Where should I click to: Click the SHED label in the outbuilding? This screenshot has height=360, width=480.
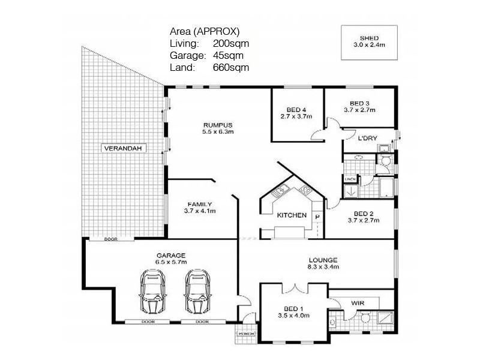(x=368, y=37)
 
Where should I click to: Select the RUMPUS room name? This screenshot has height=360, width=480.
(x=218, y=124)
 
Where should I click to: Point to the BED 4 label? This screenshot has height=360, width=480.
(x=296, y=109)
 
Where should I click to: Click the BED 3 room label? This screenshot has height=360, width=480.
(x=360, y=103)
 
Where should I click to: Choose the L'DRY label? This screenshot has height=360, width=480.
(x=367, y=139)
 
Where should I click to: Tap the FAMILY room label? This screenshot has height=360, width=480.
(x=200, y=203)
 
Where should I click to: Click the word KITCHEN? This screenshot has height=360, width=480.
(x=292, y=215)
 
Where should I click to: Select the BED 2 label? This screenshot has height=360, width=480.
(x=364, y=214)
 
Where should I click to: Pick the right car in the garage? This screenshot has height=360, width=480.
(x=197, y=291)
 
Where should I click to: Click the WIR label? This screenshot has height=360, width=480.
(x=358, y=304)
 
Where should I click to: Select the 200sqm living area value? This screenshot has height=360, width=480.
(x=231, y=44)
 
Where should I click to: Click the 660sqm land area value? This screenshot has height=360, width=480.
(x=231, y=67)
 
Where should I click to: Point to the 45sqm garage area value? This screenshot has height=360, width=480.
(x=228, y=55)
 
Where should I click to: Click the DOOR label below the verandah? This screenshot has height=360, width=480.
(x=110, y=238)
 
